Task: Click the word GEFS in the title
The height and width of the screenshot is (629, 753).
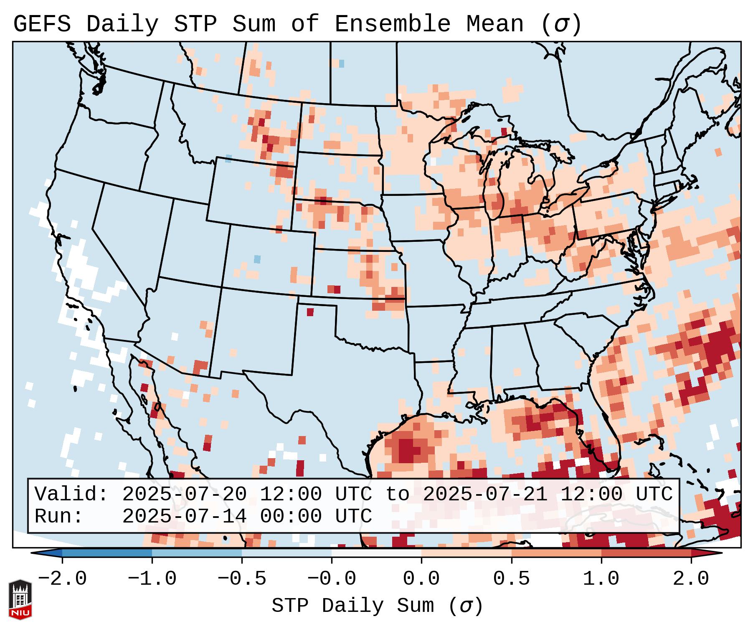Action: click(x=42, y=24)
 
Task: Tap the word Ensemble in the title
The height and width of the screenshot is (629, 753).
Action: click(x=392, y=24)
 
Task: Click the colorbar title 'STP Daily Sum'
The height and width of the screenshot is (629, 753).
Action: click(x=352, y=606)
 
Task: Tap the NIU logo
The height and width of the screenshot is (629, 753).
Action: click(x=20, y=599)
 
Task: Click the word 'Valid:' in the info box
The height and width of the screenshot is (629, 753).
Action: click(x=71, y=495)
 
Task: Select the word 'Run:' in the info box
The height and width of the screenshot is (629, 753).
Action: click(x=59, y=516)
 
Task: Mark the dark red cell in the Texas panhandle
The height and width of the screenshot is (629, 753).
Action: click(x=310, y=312)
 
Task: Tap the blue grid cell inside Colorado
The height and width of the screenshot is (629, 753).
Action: click(x=257, y=259)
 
